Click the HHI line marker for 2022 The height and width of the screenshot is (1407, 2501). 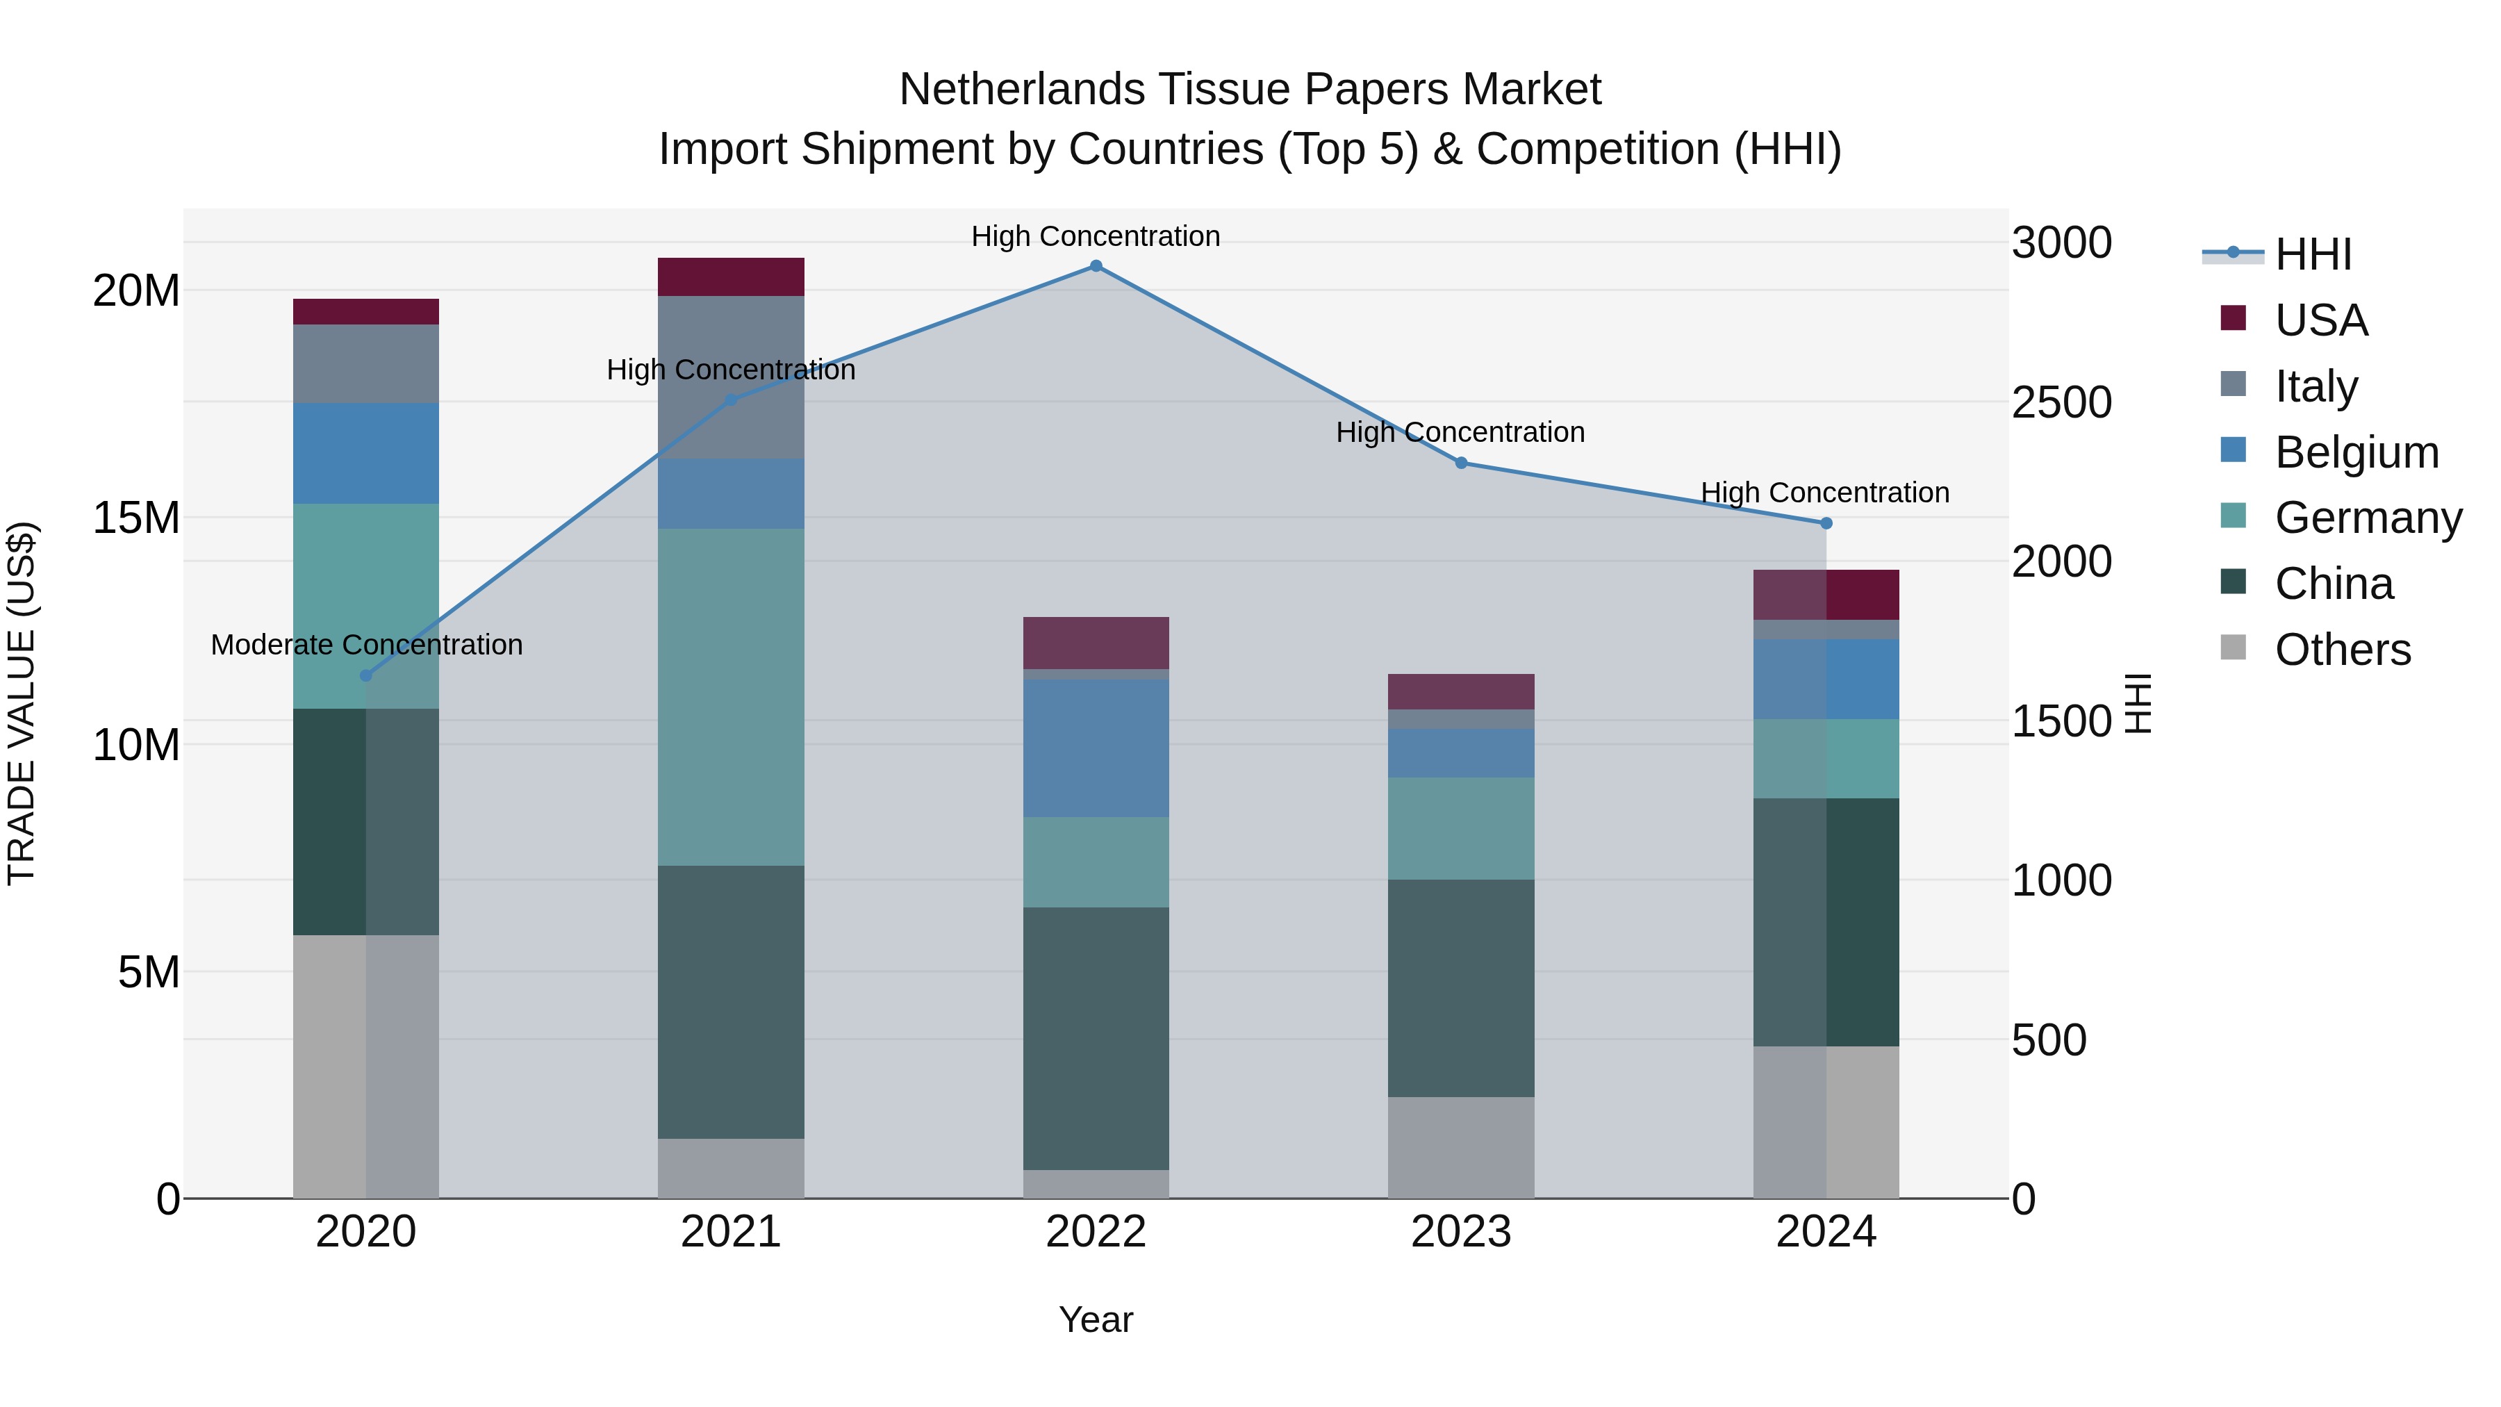click(x=1096, y=266)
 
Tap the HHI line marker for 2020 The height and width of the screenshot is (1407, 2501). click(x=366, y=676)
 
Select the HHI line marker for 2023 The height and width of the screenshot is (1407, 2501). click(x=1461, y=463)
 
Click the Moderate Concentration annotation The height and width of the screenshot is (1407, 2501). click(x=366, y=645)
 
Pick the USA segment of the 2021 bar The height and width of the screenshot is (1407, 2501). click(x=731, y=277)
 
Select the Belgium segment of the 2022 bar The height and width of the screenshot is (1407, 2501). click(x=1096, y=748)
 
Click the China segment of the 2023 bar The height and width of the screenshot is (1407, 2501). click(x=1461, y=989)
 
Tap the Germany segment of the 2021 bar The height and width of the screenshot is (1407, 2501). click(x=731, y=696)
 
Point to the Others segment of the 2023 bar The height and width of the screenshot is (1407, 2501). click(x=1461, y=1148)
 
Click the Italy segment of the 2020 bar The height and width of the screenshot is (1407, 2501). click(x=366, y=364)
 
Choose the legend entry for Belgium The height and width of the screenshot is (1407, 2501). click(x=2356, y=452)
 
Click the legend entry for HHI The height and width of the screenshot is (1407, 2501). click(x=2313, y=254)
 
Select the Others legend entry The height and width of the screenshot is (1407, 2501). click(x=2342, y=650)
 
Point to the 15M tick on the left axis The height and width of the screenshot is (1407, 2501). click(x=136, y=518)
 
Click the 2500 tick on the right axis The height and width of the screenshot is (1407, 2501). click(x=2061, y=403)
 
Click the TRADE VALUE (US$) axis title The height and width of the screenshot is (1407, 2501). click(x=22, y=703)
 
